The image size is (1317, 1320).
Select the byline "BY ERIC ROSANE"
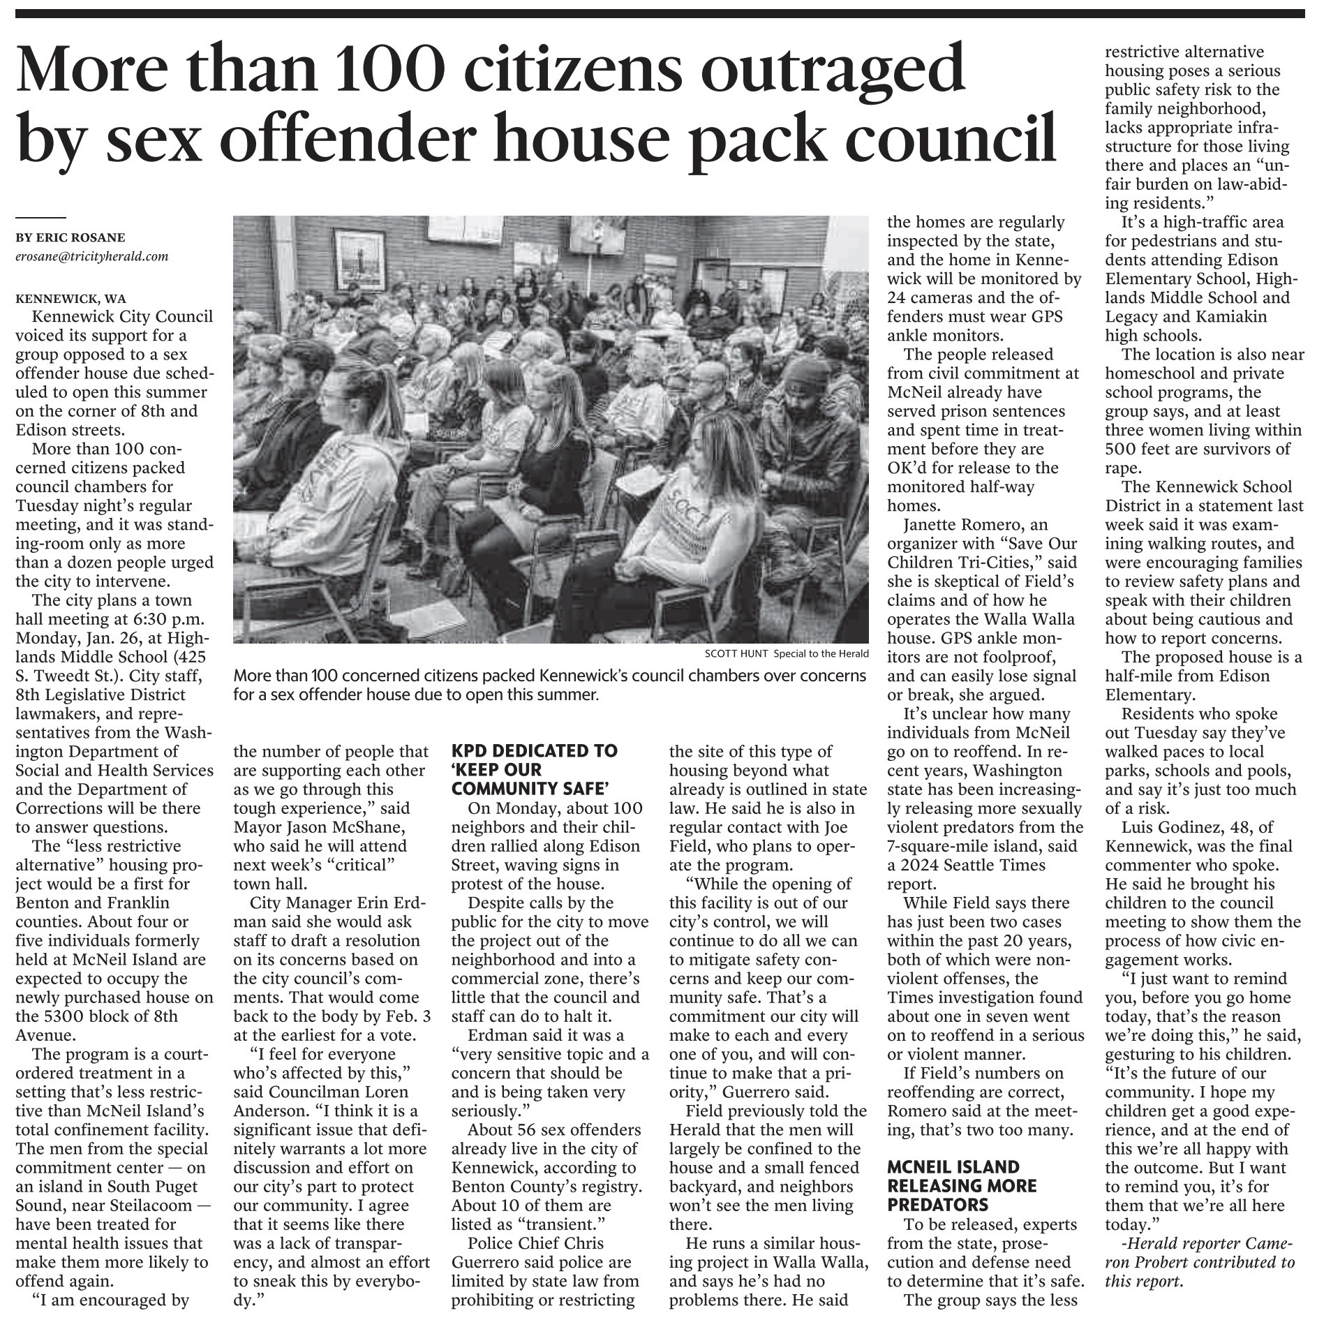[70, 237]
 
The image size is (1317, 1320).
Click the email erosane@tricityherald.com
[92, 256]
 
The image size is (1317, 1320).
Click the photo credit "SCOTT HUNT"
[736, 654]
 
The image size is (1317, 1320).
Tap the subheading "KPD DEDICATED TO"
[534, 751]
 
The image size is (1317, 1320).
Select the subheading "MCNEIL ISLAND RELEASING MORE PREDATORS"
[953, 1185]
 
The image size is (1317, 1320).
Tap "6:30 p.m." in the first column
[176, 619]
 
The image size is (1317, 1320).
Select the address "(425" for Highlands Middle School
[189, 657]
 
